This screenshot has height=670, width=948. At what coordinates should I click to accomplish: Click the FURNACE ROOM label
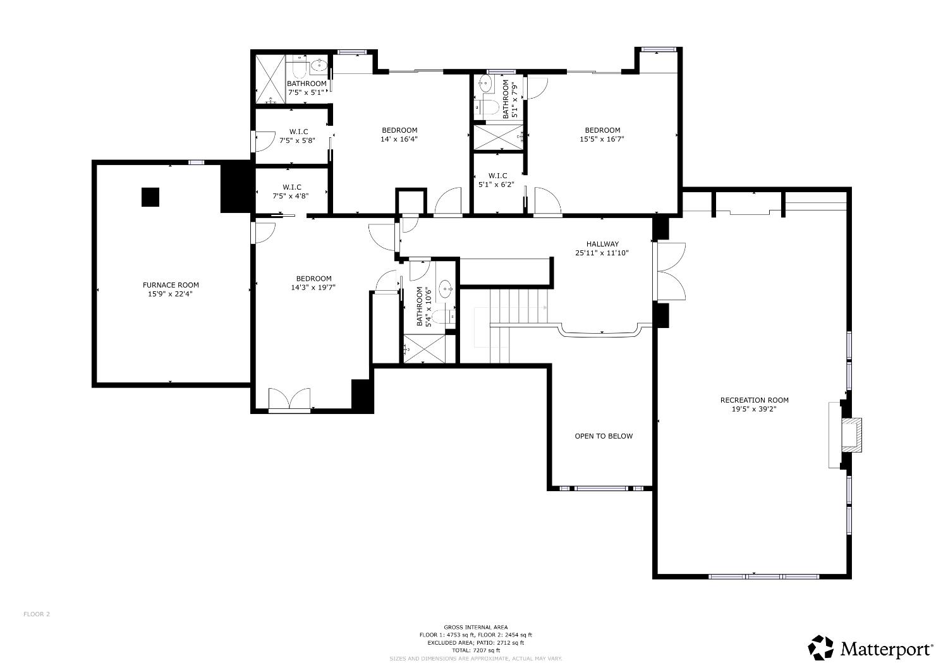coord(171,285)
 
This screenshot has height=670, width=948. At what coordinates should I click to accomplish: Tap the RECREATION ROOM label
coord(754,400)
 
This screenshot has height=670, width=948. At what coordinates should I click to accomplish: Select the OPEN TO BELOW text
coord(603,436)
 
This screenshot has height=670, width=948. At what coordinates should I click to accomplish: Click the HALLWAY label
coord(602,244)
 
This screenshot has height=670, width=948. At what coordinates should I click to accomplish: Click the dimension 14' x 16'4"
coord(399,139)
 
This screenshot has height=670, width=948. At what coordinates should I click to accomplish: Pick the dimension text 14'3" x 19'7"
coord(313,288)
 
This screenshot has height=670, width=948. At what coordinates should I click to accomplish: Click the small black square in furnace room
coord(150,197)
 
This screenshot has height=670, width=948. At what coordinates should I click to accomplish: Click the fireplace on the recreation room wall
coord(850,434)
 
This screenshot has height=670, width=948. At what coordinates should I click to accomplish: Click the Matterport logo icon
coord(822,648)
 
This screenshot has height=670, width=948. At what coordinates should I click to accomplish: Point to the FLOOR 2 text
coord(37,614)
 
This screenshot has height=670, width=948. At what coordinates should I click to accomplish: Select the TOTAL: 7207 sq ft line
coord(475,650)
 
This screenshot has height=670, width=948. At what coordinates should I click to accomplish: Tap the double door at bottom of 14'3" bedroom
coord(289,399)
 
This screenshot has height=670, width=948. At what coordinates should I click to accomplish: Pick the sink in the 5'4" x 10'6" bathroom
coord(445,290)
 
